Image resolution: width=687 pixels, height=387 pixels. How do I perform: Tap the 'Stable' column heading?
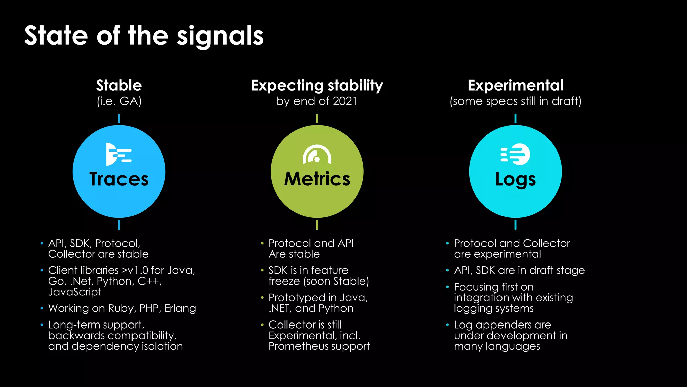(x=119, y=85)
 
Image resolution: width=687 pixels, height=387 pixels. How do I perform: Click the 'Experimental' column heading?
(x=515, y=85)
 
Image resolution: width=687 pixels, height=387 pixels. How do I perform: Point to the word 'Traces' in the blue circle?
(x=119, y=179)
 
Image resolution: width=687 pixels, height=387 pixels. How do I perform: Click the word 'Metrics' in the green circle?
(x=317, y=179)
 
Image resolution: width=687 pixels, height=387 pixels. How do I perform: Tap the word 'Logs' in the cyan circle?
(x=515, y=179)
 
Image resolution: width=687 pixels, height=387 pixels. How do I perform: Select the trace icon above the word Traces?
(x=118, y=154)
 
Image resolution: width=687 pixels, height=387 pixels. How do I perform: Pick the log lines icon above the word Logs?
(x=516, y=154)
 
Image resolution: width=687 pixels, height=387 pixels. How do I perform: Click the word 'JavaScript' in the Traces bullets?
(x=74, y=292)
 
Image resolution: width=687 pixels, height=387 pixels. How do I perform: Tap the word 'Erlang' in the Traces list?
(x=180, y=308)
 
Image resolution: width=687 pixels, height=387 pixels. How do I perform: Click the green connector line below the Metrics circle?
(x=317, y=225)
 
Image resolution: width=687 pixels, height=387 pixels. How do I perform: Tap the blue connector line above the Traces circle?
(x=119, y=118)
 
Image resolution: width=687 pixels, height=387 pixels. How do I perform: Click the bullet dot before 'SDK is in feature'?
(x=262, y=270)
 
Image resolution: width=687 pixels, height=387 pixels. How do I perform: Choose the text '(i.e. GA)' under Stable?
(x=119, y=101)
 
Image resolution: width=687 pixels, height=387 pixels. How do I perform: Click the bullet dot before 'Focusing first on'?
(x=447, y=287)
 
